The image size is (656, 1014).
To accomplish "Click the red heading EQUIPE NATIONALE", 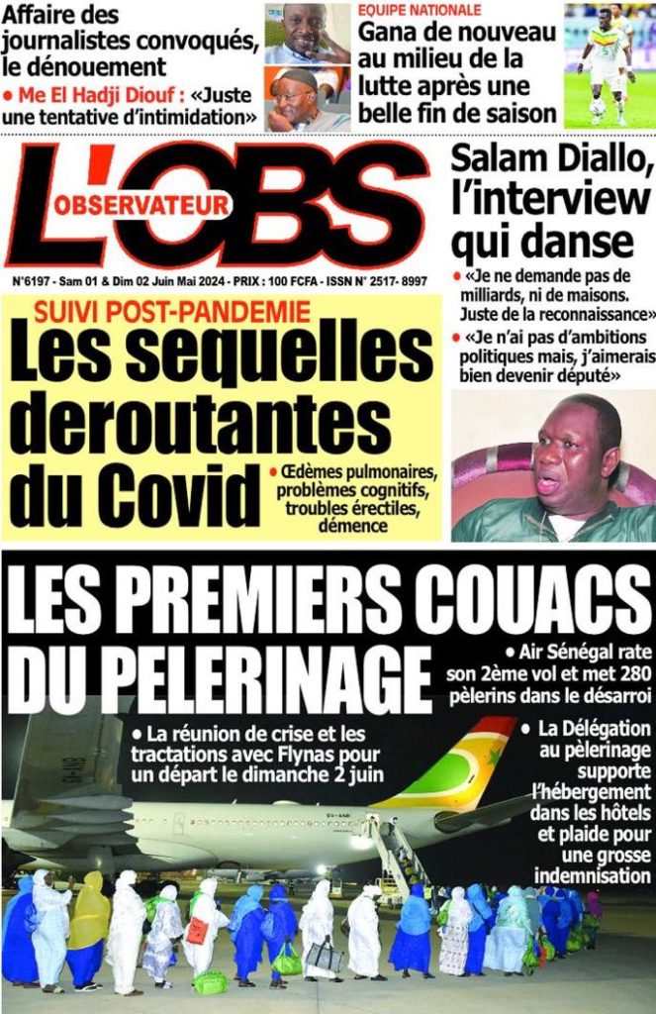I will [x=420, y=10].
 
